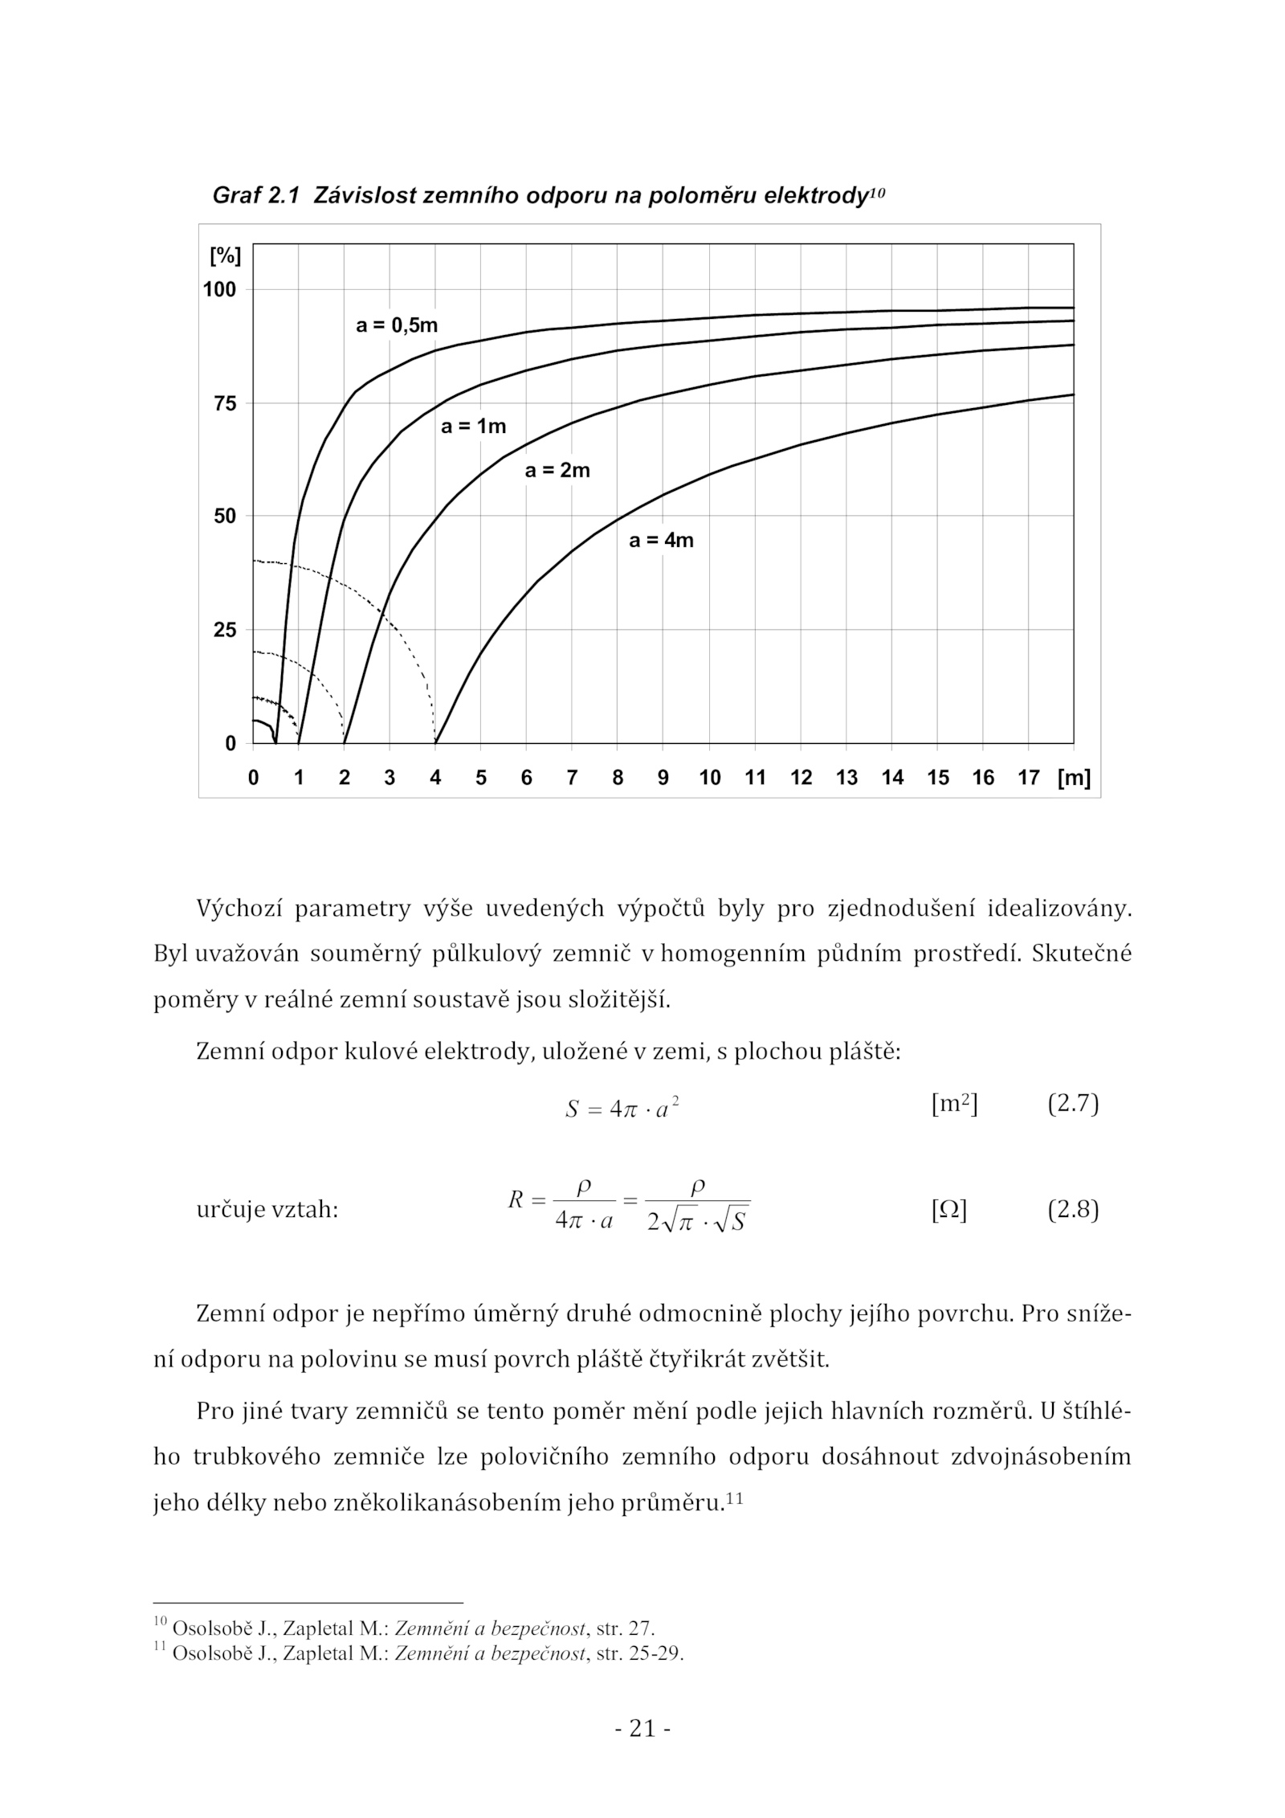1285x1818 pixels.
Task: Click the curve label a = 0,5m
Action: point(397,325)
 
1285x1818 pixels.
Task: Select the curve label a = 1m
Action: point(473,427)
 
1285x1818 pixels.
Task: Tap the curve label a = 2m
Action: point(557,471)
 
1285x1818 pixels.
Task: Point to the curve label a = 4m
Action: point(660,541)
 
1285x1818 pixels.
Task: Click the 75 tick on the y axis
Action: point(226,403)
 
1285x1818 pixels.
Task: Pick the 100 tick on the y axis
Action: point(219,290)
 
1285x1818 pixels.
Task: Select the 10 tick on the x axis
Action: point(709,778)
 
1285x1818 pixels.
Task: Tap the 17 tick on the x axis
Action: point(1028,778)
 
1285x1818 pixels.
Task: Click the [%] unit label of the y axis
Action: point(225,256)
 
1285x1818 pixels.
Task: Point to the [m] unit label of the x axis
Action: point(1074,778)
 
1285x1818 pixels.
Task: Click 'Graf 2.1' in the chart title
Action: point(255,195)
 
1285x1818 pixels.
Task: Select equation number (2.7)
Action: point(1072,1104)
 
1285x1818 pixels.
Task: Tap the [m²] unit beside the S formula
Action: point(954,1105)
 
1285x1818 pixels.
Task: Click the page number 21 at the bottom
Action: point(642,1728)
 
